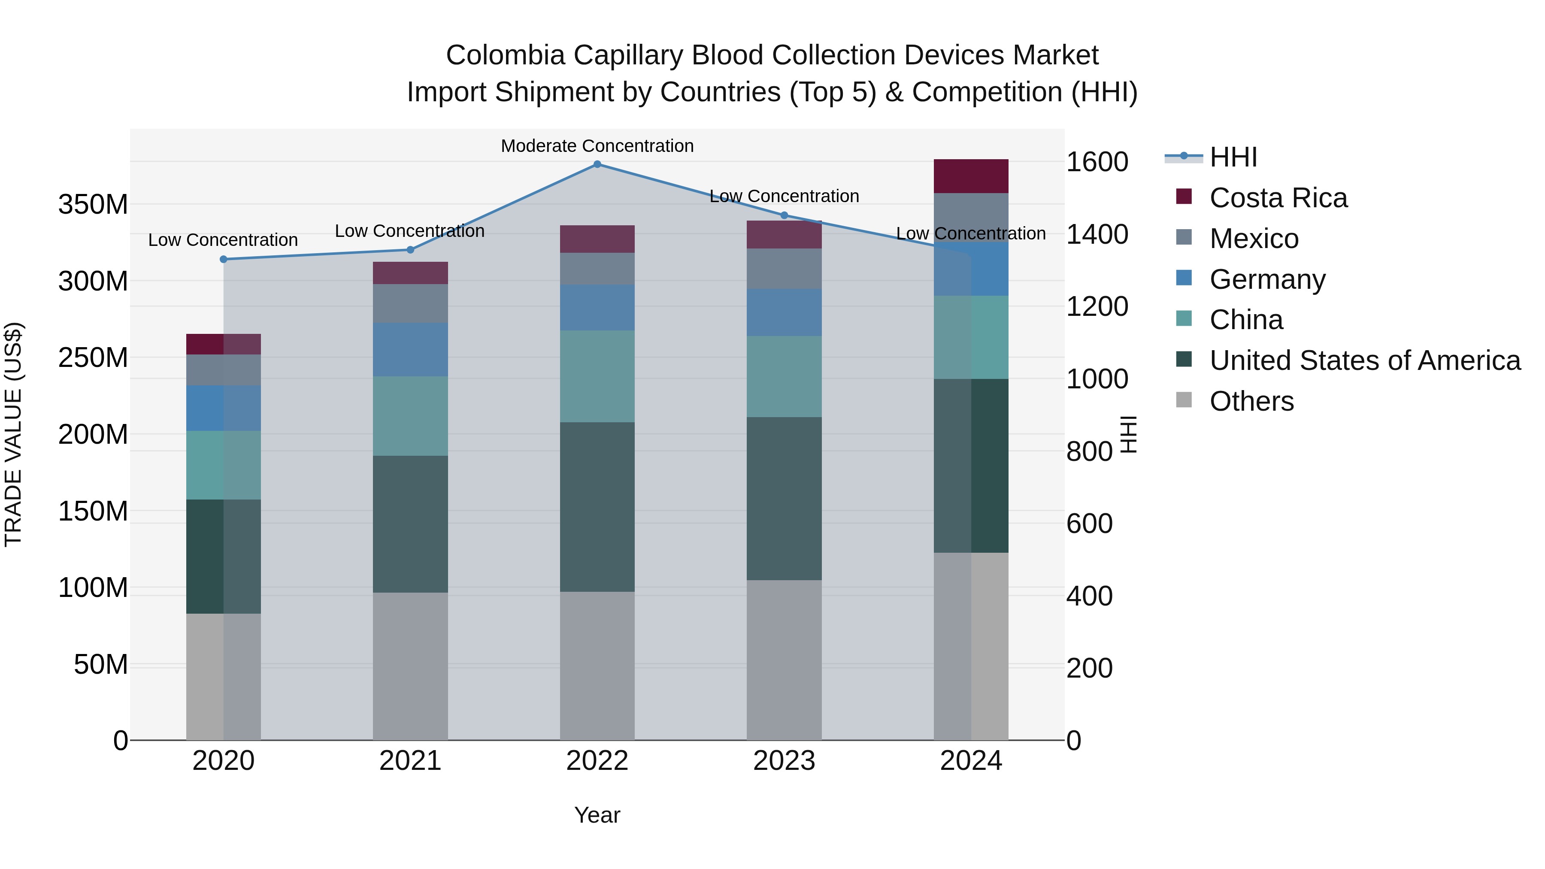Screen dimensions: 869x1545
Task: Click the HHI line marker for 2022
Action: (x=597, y=164)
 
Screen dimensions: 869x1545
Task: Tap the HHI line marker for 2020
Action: (x=223, y=260)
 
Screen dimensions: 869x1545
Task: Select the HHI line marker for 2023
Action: (x=784, y=215)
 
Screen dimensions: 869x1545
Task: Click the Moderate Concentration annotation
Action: (x=597, y=146)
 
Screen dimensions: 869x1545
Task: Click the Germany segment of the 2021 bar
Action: (x=410, y=350)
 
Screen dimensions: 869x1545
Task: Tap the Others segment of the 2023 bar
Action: (x=784, y=660)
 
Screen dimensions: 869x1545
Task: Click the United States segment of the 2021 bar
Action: (x=410, y=524)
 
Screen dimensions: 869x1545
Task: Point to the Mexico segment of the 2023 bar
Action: (x=784, y=269)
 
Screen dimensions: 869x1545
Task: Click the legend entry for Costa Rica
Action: (x=1278, y=198)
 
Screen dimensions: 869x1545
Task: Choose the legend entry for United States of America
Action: (x=1364, y=360)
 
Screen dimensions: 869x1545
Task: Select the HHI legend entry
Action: (x=1233, y=157)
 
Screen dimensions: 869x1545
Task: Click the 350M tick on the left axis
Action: (x=93, y=205)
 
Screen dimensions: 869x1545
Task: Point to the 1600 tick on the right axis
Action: (x=1097, y=162)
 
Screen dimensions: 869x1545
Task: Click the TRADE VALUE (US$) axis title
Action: (x=13, y=434)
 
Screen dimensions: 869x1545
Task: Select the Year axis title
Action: (x=597, y=815)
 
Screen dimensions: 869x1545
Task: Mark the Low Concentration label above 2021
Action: (x=410, y=231)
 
